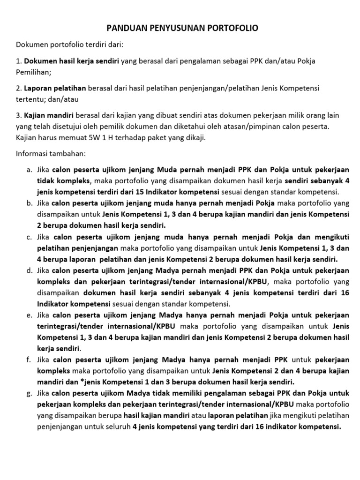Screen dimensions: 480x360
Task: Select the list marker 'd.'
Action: pos(29,270)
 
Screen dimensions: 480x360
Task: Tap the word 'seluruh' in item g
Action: pos(117,427)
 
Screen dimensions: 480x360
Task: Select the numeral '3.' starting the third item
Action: pos(19,116)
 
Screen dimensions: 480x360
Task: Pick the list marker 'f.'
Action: pos(30,360)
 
